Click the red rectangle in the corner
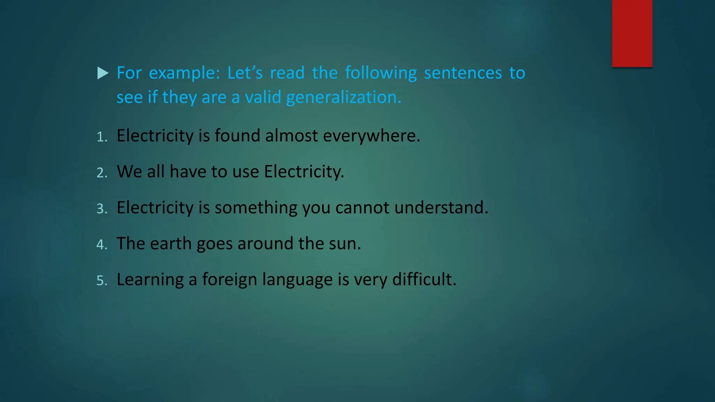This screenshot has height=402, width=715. point(632,33)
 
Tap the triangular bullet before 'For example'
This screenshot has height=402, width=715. point(102,73)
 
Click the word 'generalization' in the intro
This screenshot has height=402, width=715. point(343,97)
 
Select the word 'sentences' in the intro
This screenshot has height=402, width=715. point(463,73)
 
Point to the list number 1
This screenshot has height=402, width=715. point(101,137)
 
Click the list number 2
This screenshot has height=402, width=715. point(102,173)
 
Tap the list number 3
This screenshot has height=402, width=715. point(102,209)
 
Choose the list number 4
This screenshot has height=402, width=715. point(102,245)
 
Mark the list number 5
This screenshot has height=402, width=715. point(102,281)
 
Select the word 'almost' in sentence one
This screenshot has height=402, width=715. point(291,136)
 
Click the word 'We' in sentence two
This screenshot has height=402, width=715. point(129,172)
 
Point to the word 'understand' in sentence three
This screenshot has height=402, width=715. point(440,208)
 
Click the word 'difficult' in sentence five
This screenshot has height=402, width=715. point(423,280)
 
